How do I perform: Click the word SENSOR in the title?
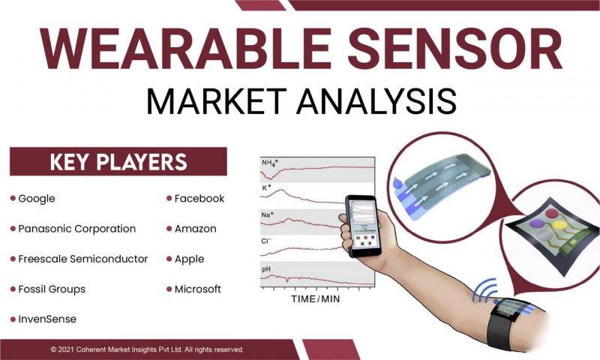(x=454, y=49)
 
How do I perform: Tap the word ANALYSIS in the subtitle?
(x=376, y=101)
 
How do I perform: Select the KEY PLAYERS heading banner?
(x=118, y=161)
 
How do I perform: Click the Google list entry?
(x=36, y=199)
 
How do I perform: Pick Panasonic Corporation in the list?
(x=77, y=229)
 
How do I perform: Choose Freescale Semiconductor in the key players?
(x=83, y=259)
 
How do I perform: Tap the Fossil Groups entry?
(x=52, y=289)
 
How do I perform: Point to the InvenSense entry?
(x=47, y=319)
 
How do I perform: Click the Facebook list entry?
(x=199, y=199)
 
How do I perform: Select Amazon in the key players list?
(x=195, y=229)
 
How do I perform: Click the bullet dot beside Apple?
(x=169, y=259)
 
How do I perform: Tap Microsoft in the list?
(x=198, y=289)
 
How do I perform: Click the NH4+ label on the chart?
(x=270, y=163)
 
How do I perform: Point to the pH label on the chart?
(x=266, y=270)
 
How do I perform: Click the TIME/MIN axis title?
(x=315, y=298)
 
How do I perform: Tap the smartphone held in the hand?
(x=364, y=226)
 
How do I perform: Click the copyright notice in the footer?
(x=147, y=349)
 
